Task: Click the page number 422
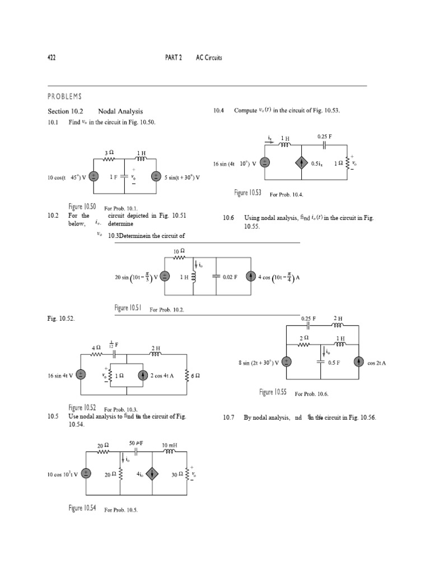(51, 58)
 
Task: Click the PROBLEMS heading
(64, 97)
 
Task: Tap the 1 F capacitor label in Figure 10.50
(114, 177)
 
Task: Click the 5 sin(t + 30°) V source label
(181, 177)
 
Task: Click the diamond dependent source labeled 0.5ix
(302, 163)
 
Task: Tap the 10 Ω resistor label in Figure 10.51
(179, 251)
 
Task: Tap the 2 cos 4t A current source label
(161, 375)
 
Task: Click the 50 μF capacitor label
(137, 443)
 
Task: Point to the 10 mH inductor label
(170, 445)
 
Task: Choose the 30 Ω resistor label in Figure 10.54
(177, 474)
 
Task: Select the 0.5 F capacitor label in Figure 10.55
(334, 363)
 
